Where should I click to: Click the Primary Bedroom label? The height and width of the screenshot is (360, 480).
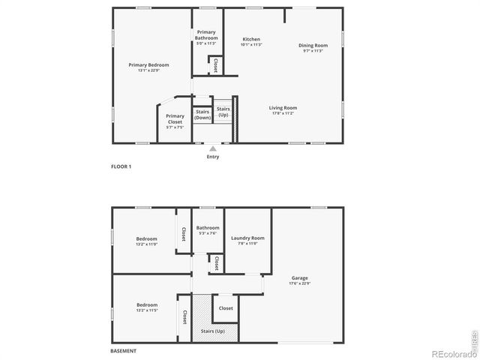pos(148,65)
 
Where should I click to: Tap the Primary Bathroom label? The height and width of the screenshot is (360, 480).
pos(206,34)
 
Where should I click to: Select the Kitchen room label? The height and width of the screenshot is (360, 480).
pos(250,39)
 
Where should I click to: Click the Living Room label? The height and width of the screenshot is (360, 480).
pos(283,107)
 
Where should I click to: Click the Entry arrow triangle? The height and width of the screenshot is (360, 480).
pos(213,148)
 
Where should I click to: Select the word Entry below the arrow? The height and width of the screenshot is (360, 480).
pos(213,157)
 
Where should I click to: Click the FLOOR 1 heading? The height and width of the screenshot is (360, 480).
pos(121,166)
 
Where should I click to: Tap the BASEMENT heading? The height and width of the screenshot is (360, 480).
pos(123,351)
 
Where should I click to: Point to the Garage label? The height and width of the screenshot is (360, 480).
pos(299,277)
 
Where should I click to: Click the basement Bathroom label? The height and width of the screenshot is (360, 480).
pos(207,228)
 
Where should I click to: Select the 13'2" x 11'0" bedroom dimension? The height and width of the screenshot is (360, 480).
pos(146,244)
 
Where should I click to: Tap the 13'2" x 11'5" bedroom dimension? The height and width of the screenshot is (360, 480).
pos(146,310)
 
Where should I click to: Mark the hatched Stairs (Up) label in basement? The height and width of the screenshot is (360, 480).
pos(213,331)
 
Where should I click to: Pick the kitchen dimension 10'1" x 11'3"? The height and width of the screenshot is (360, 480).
pos(250,45)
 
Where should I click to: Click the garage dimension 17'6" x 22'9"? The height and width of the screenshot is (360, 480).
pos(299,283)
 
